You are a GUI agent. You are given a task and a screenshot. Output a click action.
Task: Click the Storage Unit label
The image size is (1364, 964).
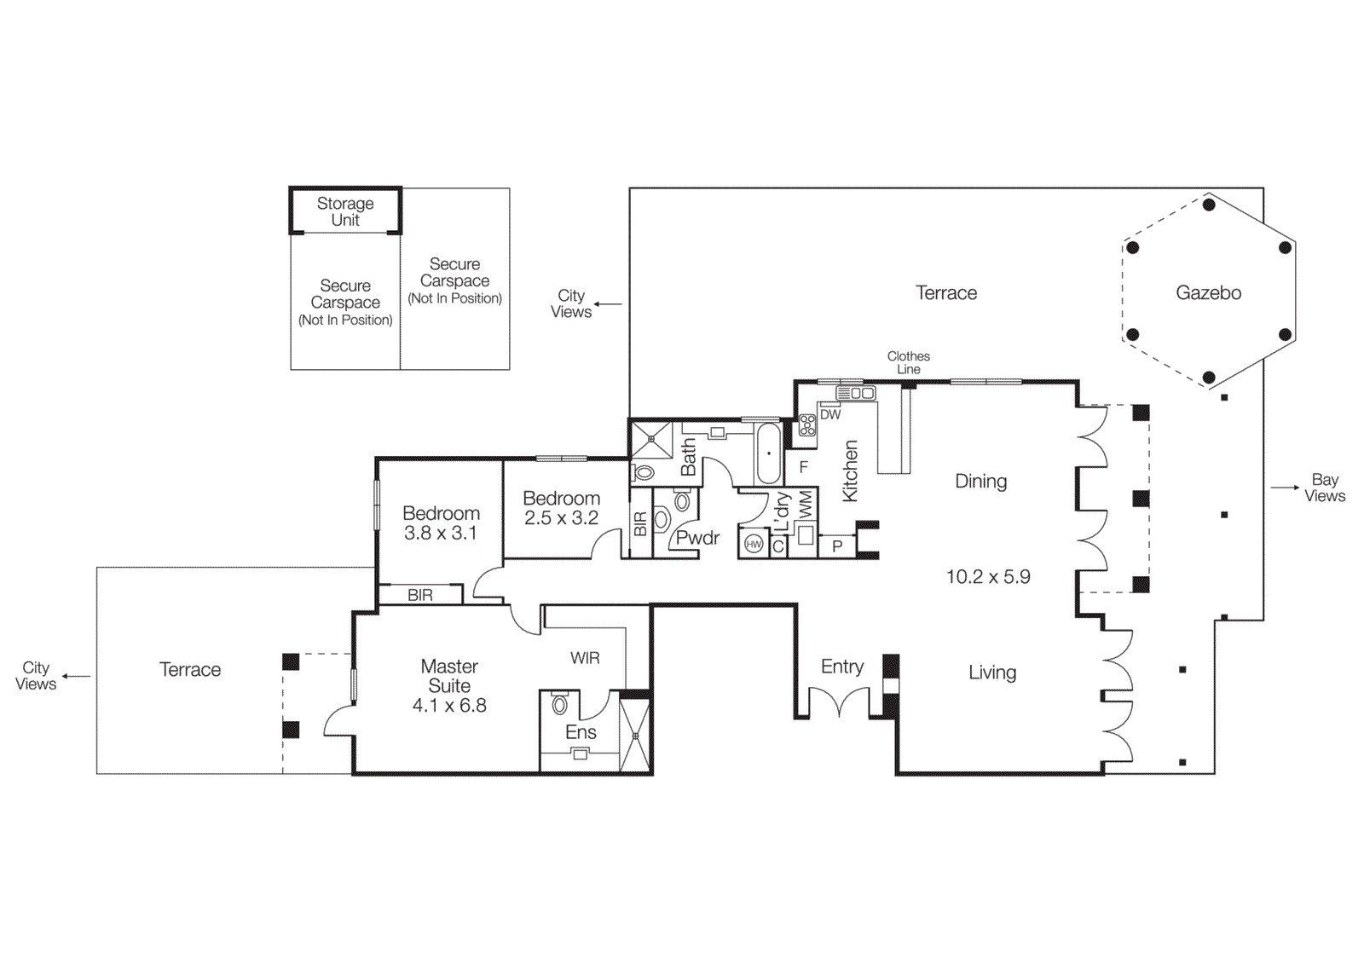pyautogui.click(x=345, y=211)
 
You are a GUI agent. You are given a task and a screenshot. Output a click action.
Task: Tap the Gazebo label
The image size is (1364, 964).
pyautogui.click(x=1208, y=293)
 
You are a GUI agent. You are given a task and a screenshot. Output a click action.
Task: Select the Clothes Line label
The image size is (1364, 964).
pyautogui.click(x=908, y=362)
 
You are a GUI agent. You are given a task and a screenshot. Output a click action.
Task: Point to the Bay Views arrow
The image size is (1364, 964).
pyautogui.click(x=1285, y=488)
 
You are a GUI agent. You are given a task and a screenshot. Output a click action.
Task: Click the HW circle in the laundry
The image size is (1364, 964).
pyautogui.click(x=754, y=544)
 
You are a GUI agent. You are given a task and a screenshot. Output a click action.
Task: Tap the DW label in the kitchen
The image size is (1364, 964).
pyautogui.click(x=830, y=415)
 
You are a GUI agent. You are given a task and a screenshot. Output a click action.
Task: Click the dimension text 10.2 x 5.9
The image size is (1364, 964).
pyautogui.click(x=988, y=577)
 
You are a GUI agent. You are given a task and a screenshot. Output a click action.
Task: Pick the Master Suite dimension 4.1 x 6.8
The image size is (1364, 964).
pyautogui.click(x=449, y=706)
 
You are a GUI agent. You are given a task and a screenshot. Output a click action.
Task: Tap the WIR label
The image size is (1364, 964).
pyautogui.click(x=585, y=658)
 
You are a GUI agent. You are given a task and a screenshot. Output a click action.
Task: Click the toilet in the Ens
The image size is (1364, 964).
pyautogui.click(x=560, y=705)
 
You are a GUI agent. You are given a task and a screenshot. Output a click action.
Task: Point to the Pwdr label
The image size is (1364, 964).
pyautogui.click(x=697, y=538)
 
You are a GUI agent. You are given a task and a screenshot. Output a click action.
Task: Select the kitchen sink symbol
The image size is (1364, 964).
pyautogui.click(x=856, y=393)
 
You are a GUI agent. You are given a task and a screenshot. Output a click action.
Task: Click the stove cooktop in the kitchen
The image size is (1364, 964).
pyautogui.click(x=806, y=425)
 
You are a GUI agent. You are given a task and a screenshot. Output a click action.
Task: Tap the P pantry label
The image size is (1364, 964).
pyautogui.click(x=837, y=546)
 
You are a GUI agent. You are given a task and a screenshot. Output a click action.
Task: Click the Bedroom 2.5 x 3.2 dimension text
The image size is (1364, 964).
pyautogui.click(x=561, y=518)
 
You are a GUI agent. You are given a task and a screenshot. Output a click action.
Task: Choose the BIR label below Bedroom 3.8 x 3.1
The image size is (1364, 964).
pyautogui.click(x=420, y=595)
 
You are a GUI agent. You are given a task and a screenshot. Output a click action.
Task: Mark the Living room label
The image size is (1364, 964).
pyautogui.click(x=992, y=672)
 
